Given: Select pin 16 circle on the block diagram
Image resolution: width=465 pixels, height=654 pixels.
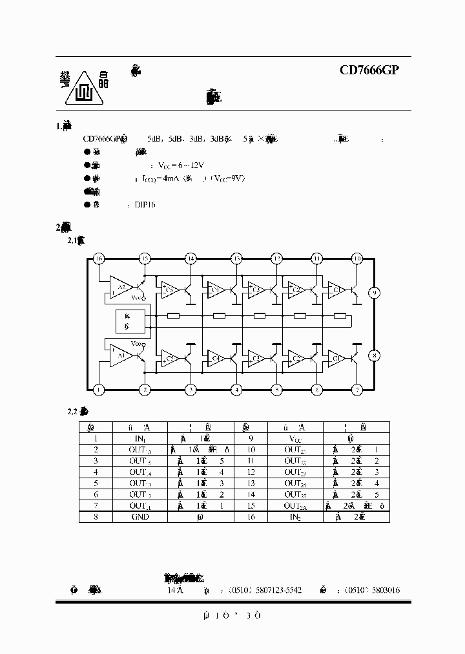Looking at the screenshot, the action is [98, 258].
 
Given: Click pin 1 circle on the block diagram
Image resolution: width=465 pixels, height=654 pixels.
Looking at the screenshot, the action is [98, 390].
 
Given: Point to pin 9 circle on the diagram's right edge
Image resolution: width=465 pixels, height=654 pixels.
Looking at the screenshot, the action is [374, 293].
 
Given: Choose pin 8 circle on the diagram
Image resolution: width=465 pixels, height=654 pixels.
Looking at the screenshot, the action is [374, 355].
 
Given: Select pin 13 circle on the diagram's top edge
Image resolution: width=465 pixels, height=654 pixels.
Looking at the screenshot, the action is [237, 258].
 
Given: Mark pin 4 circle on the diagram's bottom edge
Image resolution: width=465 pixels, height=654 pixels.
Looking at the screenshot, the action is [237, 390].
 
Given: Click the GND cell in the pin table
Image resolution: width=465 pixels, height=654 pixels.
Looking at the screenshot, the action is [139, 517].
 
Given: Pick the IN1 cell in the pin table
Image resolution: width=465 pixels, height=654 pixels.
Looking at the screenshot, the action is [139, 438].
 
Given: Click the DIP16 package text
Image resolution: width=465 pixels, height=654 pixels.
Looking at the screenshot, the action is [145, 205].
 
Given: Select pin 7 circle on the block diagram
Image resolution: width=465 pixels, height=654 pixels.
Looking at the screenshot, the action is [356, 390].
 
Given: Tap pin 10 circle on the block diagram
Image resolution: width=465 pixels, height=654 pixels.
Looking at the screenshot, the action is [356, 258].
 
